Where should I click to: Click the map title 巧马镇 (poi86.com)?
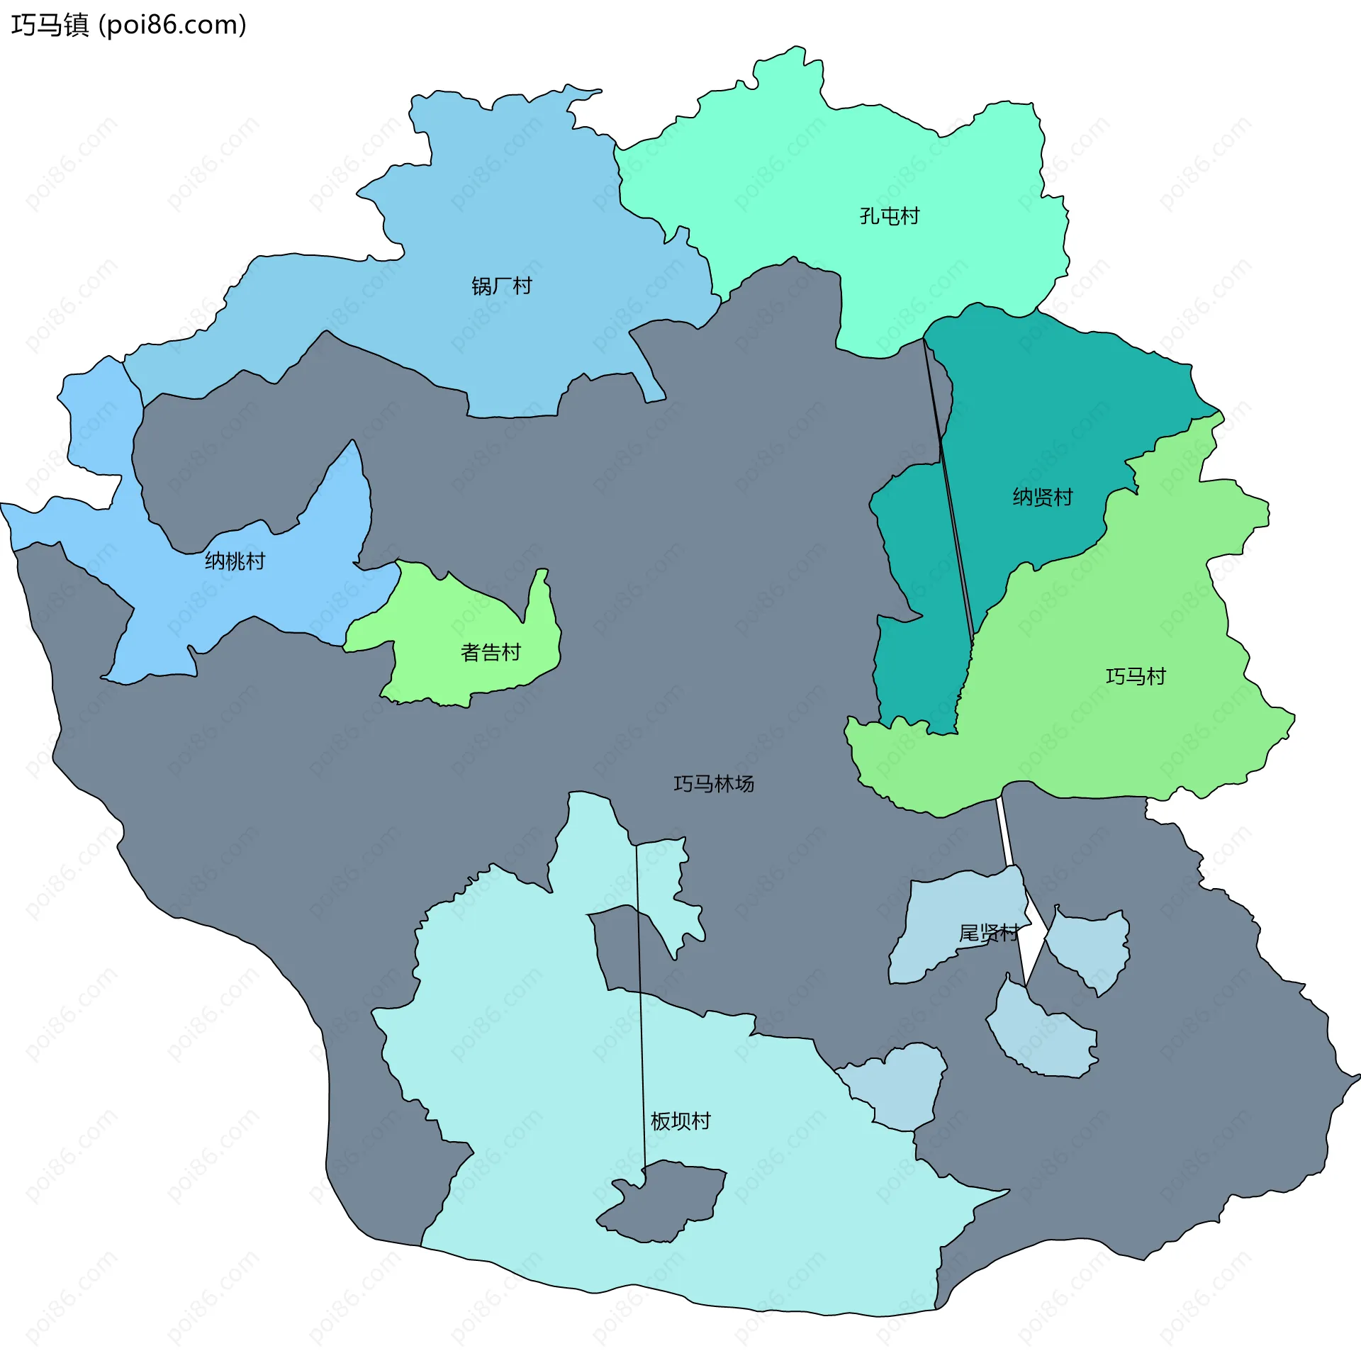click(128, 26)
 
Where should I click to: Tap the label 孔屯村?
click(889, 215)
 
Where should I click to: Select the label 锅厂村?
click(501, 286)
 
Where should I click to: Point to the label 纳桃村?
click(235, 561)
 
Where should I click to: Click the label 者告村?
click(491, 652)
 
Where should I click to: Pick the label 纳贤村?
click(1042, 497)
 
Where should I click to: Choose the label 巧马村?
click(1136, 676)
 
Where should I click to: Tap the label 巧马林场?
click(713, 783)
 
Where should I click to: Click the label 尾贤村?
click(988, 933)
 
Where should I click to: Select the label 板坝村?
click(680, 1121)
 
